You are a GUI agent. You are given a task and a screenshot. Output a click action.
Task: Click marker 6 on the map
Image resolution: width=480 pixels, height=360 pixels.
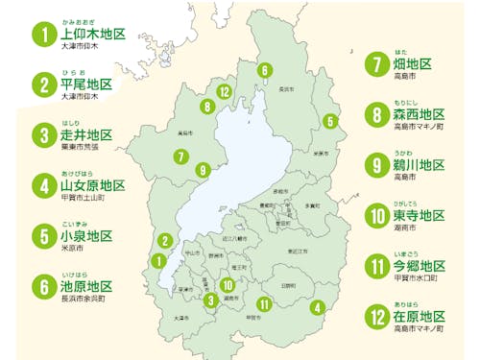click(x=264, y=70)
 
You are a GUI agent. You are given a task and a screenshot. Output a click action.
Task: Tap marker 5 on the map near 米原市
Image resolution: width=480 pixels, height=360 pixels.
click(x=330, y=121)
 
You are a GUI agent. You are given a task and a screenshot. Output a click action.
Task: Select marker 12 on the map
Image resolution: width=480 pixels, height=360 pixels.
click(x=224, y=92)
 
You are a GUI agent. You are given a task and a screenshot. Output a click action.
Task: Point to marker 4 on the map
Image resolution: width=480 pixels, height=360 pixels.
click(x=317, y=307)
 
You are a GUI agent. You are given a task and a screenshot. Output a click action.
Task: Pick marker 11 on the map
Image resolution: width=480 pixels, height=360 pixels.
click(x=265, y=304)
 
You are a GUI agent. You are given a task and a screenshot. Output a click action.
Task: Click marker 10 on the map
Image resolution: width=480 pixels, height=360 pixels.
click(x=228, y=284)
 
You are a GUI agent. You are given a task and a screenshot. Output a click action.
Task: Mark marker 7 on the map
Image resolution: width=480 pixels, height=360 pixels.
click(x=180, y=156)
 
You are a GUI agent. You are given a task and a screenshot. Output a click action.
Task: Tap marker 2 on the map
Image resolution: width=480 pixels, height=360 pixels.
click(x=165, y=240)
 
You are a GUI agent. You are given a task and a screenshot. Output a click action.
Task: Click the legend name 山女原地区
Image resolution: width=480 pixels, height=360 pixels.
click(x=93, y=185)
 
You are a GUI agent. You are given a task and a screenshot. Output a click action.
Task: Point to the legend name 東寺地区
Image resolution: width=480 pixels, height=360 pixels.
click(x=420, y=217)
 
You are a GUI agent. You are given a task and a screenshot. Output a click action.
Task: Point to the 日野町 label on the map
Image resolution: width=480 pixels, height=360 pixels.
click(x=288, y=286)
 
